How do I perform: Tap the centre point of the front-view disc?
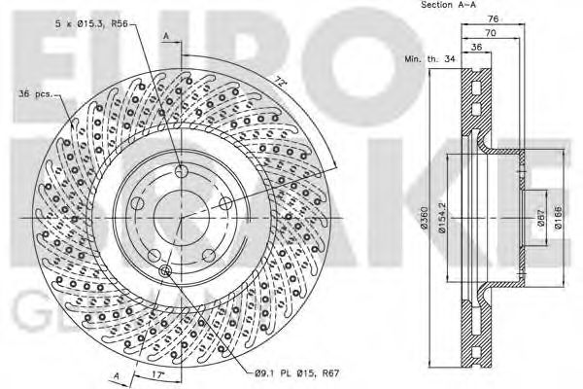pos(182,218)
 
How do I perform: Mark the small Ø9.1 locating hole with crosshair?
pos(164,271)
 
